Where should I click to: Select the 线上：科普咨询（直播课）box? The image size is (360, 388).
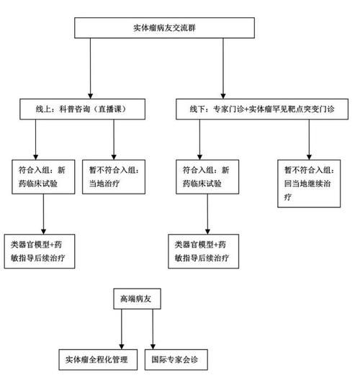point(84,109)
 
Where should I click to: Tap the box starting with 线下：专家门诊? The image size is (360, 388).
point(263,109)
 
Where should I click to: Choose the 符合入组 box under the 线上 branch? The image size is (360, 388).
point(45,176)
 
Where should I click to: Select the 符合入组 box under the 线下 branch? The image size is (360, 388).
point(205,176)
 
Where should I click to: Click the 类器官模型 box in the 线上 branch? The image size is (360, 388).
point(39,250)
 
